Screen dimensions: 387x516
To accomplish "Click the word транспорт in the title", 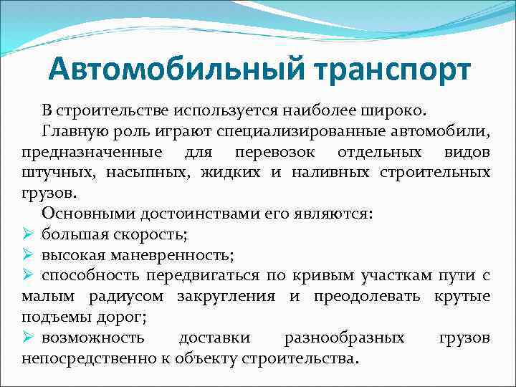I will coord(384,71).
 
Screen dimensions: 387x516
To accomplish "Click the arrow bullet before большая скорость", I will coord(29,234).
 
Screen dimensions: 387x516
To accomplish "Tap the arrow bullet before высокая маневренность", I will coord(29,254).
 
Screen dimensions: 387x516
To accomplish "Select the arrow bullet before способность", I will coord(29,275).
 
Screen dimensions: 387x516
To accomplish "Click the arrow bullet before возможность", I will coord(29,337).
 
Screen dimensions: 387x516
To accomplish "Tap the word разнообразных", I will coord(344,337).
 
